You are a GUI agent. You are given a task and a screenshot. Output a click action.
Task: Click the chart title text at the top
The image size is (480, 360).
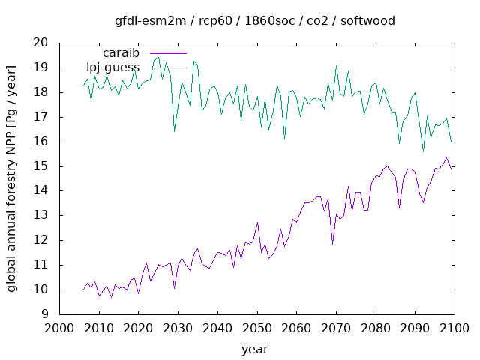pos(255,20)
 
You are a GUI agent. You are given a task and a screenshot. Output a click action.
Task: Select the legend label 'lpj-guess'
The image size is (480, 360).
pos(112,67)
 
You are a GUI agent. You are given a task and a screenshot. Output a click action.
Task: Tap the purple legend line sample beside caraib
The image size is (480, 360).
pos(168,54)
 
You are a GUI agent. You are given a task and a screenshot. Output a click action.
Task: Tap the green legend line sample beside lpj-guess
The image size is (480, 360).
pos(168,67)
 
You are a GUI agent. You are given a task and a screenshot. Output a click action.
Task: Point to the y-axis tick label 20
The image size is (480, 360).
pos(41,43)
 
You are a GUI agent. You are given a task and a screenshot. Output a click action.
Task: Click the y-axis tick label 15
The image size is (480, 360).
pos(41,166)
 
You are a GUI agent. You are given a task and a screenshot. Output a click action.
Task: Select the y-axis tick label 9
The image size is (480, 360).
pos(45,314)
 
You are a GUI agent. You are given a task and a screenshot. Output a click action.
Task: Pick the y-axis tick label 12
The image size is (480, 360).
pos(41,241)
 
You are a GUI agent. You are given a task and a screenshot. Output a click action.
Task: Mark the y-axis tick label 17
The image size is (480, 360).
pos(41,117)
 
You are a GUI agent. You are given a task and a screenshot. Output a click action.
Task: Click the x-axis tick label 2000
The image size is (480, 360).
pos(58,328)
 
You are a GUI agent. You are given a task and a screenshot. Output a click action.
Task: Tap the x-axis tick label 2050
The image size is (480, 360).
pos(256,328)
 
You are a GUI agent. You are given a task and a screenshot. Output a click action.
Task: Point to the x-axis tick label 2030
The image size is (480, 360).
pos(177,328)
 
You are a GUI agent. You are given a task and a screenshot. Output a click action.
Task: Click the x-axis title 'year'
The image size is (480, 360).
pos(255,349)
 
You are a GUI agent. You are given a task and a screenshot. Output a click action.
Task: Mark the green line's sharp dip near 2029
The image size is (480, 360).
pos(174,131)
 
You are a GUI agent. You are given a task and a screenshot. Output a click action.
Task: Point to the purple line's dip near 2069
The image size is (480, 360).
pos(332,243)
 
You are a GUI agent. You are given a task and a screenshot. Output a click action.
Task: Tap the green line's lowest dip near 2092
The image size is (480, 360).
pos(423,151)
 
